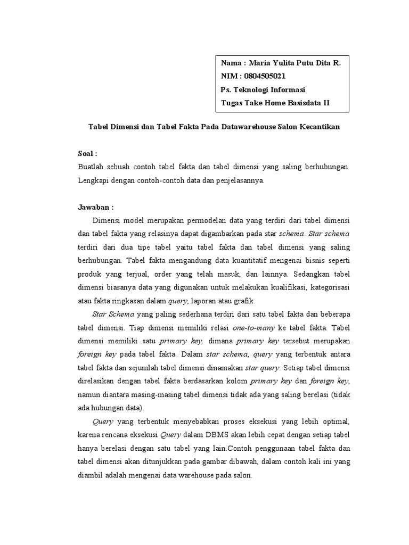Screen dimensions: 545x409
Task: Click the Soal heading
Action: coord(87,153)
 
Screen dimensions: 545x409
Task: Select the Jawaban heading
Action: coord(96,207)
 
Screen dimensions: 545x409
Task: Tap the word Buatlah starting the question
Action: coord(93,167)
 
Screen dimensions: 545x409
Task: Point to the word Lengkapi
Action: coord(95,180)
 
